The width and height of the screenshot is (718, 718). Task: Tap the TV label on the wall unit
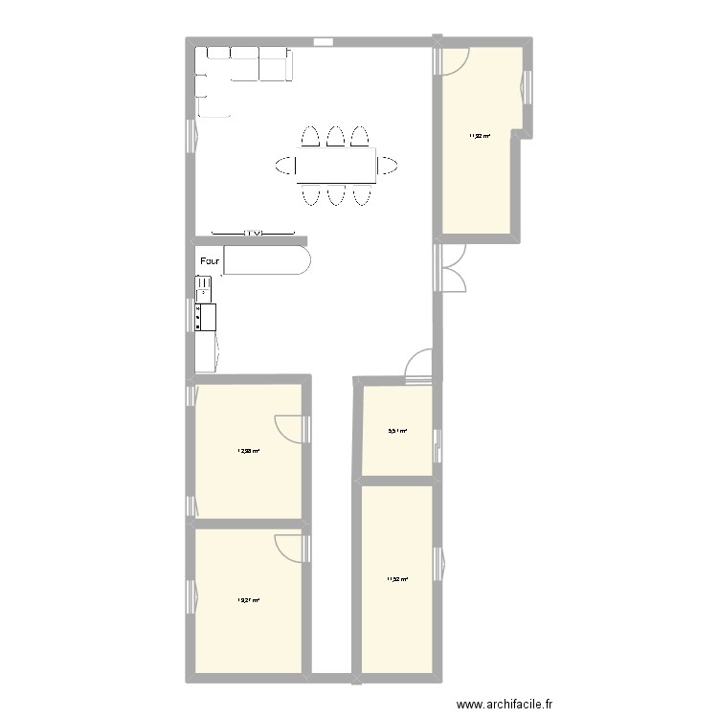[253, 233]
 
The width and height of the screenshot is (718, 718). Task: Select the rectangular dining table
[335, 166]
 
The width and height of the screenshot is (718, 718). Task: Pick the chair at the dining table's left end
[285, 166]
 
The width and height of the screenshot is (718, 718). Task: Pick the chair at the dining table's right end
[388, 166]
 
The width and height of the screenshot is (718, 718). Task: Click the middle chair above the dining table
[335, 136]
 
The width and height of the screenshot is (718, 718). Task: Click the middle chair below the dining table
[335, 195]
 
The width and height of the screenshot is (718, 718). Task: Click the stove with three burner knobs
[206, 317]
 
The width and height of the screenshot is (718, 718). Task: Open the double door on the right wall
[451, 267]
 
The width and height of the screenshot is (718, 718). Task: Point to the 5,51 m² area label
[396, 432]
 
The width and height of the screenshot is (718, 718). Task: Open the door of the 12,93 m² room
[290, 427]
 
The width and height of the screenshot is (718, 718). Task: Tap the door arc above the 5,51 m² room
[418, 367]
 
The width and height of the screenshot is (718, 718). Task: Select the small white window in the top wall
[323, 41]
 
